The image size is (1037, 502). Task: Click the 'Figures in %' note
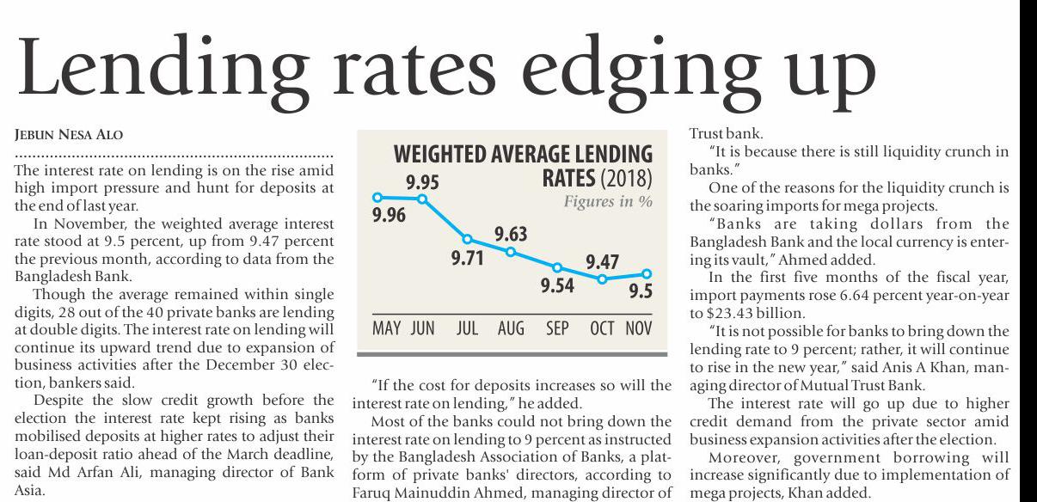tap(607, 202)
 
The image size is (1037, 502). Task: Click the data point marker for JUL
tap(467, 239)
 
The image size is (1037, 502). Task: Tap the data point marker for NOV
tap(647, 274)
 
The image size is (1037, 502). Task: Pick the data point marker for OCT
tap(603, 279)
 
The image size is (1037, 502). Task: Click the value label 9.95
tap(422, 181)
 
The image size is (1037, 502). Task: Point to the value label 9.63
tap(511, 234)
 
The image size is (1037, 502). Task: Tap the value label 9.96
tap(389, 216)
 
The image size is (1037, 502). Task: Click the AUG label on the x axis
tap(511, 329)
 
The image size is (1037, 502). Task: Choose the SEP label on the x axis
tap(557, 329)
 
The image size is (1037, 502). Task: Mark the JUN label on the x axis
tap(422, 329)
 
